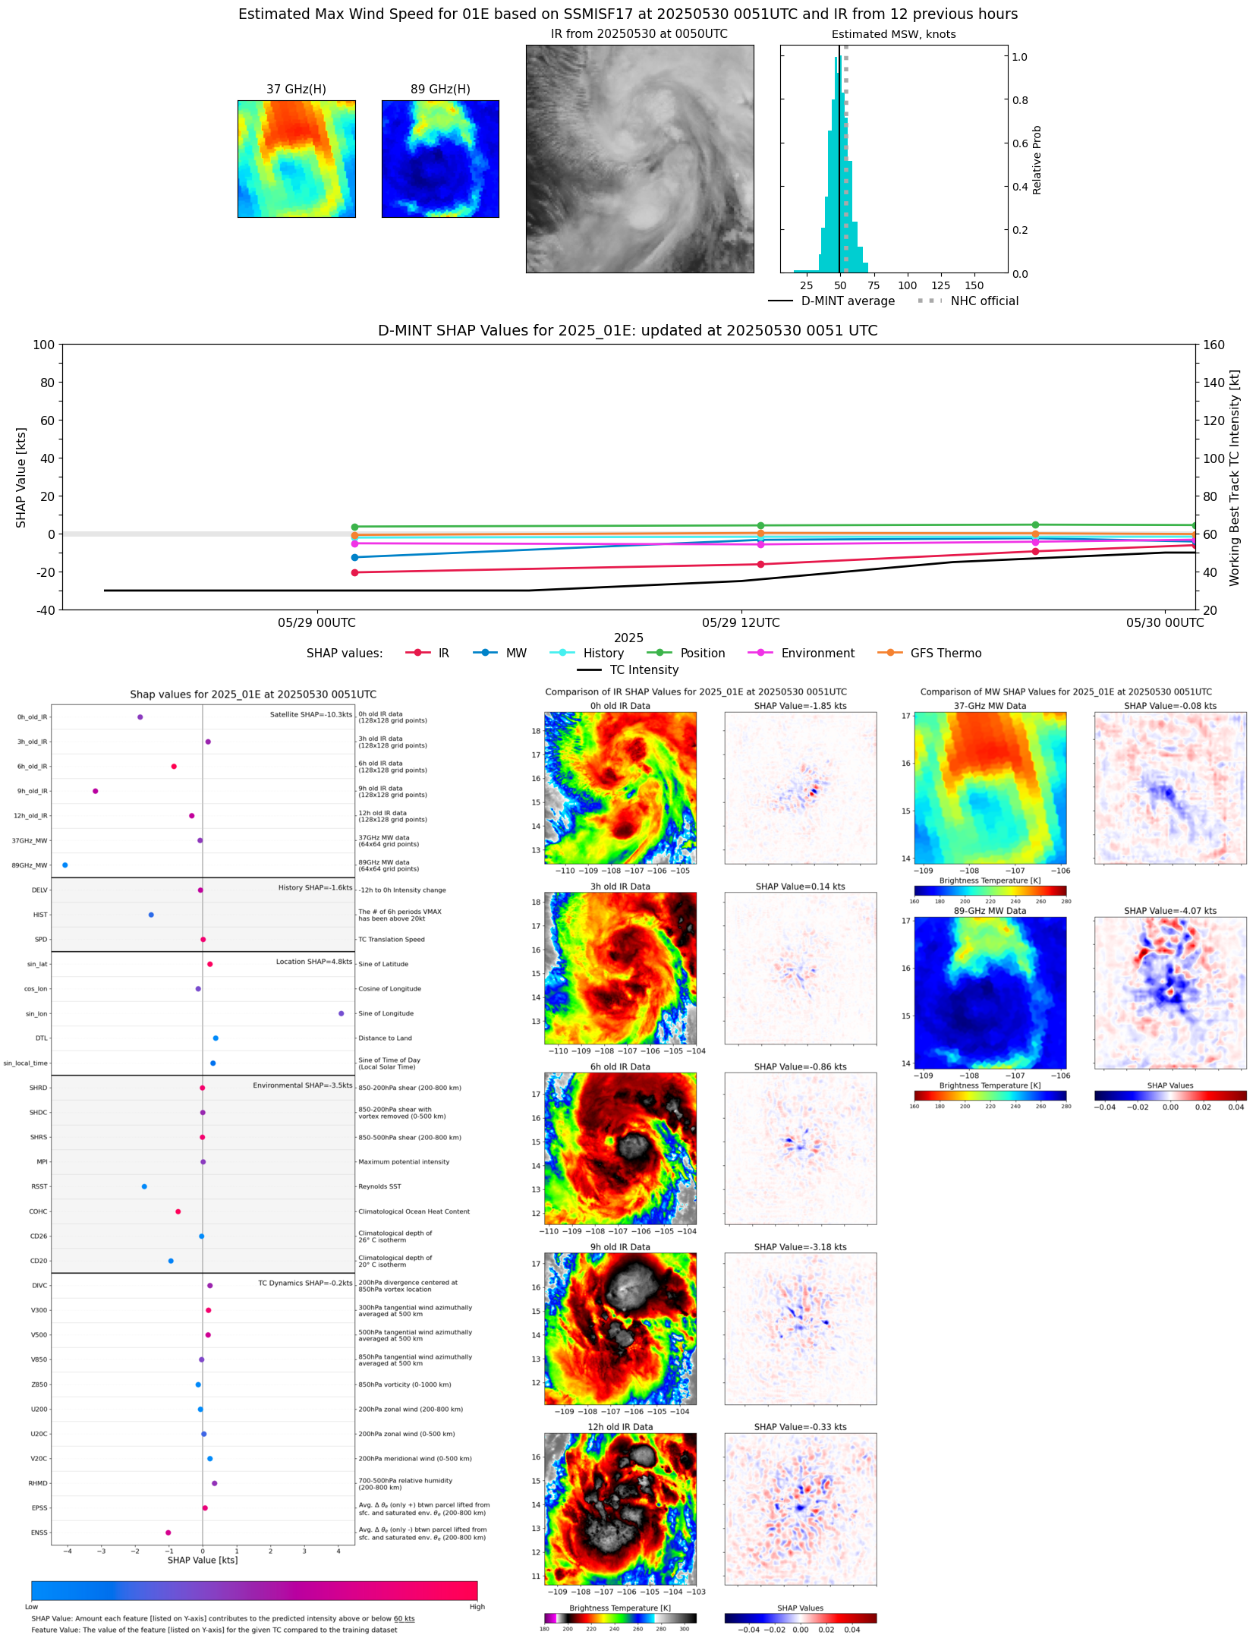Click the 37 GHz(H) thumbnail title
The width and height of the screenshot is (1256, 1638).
click(296, 90)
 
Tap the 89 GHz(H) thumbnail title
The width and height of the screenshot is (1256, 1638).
click(440, 90)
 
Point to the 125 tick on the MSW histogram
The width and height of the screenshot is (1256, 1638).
click(940, 286)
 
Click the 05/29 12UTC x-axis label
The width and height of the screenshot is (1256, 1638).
click(741, 623)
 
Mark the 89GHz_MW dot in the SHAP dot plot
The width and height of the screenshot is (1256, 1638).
click(65, 865)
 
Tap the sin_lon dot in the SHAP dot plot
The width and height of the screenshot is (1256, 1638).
click(342, 1013)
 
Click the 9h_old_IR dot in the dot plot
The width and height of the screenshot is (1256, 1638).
click(96, 791)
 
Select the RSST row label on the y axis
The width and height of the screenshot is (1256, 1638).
click(39, 1186)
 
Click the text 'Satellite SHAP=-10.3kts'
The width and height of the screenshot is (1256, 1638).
click(311, 715)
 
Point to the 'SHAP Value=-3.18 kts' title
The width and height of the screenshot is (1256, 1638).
click(800, 1247)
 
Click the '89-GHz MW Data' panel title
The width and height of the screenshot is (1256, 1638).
click(990, 911)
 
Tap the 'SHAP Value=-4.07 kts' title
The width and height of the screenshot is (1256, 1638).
click(1169, 911)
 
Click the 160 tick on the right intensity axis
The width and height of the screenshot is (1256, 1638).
click(1214, 345)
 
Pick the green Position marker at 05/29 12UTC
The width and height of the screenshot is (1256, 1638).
click(760, 526)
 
